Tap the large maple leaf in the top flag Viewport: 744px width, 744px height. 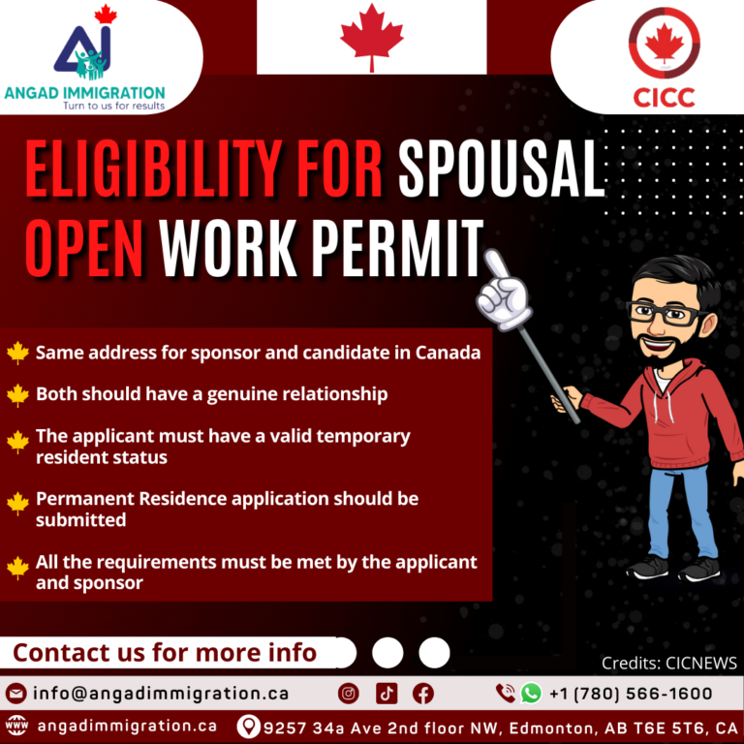coord(371,37)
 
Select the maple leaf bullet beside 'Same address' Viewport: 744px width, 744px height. coord(17,353)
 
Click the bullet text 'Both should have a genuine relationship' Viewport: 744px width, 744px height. coord(211,394)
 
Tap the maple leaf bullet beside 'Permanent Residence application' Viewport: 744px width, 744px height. coord(17,503)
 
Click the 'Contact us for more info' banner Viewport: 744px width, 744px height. coord(165,652)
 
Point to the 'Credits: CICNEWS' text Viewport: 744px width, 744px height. coord(668,664)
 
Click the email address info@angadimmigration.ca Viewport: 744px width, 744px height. coord(160,694)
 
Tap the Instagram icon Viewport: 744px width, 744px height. coord(349,694)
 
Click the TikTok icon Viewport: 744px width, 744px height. coord(387,694)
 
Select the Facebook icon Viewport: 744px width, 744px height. coord(423,694)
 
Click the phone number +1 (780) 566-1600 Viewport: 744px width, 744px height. coord(630,694)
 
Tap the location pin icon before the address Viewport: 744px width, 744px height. coord(249,726)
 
